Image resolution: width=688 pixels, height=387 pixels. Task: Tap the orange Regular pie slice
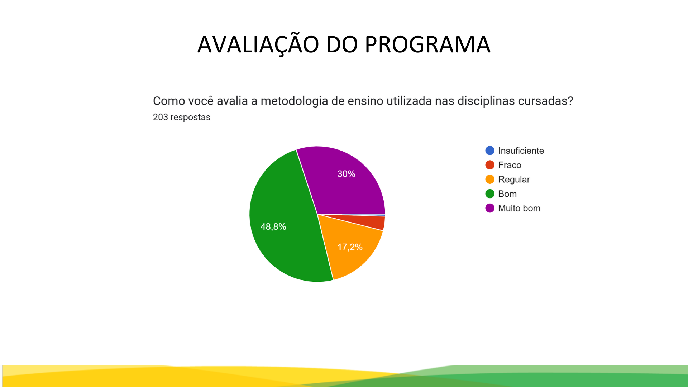(x=349, y=247)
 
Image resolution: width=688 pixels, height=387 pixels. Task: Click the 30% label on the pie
(x=346, y=174)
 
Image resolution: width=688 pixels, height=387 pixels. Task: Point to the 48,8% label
(x=273, y=226)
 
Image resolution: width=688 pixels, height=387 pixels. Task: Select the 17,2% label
(x=350, y=247)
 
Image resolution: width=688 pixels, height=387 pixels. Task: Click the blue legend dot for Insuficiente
(x=490, y=150)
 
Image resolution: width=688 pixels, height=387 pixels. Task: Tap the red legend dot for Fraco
(x=490, y=165)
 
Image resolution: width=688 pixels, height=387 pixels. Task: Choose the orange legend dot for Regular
(x=490, y=179)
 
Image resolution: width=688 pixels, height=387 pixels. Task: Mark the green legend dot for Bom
(x=490, y=193)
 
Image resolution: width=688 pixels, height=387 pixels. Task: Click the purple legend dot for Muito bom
(x=490, y=208)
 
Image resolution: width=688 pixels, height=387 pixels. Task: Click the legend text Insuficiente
(x=521, y=150)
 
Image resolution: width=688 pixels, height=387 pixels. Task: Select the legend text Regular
(x=514, y=180)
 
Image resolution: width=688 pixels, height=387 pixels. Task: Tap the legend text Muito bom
(x=519, y=208)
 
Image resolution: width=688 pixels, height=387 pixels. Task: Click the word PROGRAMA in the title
(x=427, y=44)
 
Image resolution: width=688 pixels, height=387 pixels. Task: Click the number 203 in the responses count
(x=160, y=117)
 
